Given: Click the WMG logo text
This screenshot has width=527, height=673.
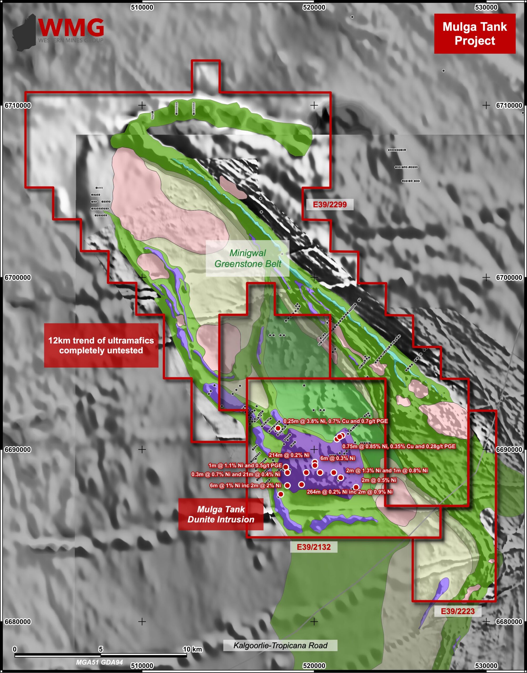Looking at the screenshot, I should pyautogui.click(x=71, y=28).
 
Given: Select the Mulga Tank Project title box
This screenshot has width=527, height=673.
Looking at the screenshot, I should pyautogui.click(x=474, y=34).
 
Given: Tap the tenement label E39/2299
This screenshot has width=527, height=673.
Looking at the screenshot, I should pyautogui.click(x=330, y=205).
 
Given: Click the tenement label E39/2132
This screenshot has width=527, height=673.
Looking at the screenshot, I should pyautogui.click(x=314, y=547).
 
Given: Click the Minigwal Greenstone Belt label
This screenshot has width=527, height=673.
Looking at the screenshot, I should pyautogui.click(x=247, y=258).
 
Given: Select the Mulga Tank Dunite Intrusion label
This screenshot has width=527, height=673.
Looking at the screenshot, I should pyautogui.click(x=221, y=514).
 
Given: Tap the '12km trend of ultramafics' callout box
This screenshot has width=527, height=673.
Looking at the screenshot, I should pyautogui.click(x=101, y=345).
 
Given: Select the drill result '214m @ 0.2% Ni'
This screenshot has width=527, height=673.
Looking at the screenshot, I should pyautogui.click(x=289, y=455).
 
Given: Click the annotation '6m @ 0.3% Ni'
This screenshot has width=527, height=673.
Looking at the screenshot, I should pyautogui.click(x=337, y=458).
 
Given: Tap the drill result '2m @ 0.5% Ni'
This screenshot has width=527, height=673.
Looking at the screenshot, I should pyautogui.click(x=378, y=480).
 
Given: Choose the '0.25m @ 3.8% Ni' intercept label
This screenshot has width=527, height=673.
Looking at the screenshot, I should pyautogui.click(x=335, y=421).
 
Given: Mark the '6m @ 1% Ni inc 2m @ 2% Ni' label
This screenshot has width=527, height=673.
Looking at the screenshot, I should pyautogui.click(x=245, y=486).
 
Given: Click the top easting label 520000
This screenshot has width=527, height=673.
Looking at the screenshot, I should pyautogui.click(x=314, y=7).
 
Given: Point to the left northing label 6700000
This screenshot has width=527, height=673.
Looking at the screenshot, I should pyautogui.click(x=18, y=278).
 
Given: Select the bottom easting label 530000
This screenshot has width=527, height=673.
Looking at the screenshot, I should pyautogui.click(x=486, y=666).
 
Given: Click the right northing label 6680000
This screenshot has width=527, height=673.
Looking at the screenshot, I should pyautogui.click(x=509, y=622).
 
